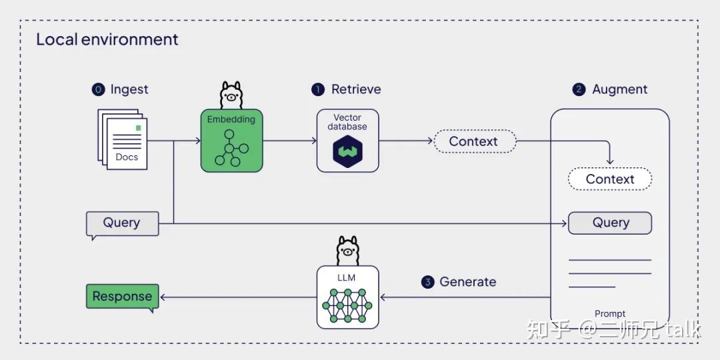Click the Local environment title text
[x=107, y=39]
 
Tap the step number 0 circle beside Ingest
[x=99, y=89]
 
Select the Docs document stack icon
[x=123, y=139]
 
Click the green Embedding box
[x=231, y=141]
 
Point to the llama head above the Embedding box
[x=231, y=95]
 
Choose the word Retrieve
[x=356, y=89]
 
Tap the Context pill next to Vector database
[x=475, y=141]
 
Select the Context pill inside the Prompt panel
[x=609, y=179]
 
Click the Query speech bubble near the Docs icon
[x=123, y=223]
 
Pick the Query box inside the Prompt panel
[x=609, y=223]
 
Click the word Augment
[x=619, y=89]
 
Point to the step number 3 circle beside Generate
[x=428, y=282]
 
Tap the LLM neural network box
[x=347, y=297]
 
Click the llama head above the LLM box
[x=347, y=250]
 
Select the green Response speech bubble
[x=123, y=297]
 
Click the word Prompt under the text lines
[x=609, y=314]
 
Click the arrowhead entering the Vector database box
[x=313, y=141]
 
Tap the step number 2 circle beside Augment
[x=579, y=89]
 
